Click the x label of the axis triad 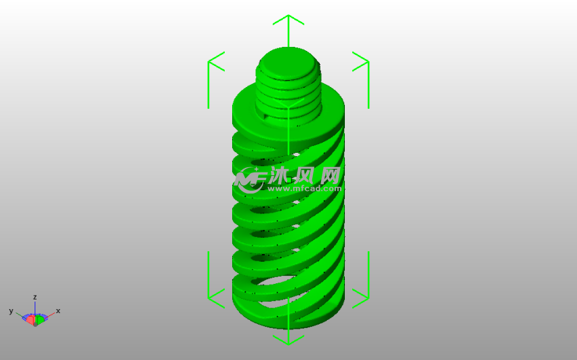[58, 310]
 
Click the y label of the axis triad [11, 310]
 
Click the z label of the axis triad [35, 297]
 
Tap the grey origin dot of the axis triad [35, 324]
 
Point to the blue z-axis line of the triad [35, 308]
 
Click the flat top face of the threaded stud [288, 60]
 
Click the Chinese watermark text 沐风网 [305, 175]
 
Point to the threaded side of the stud [288, 92]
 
